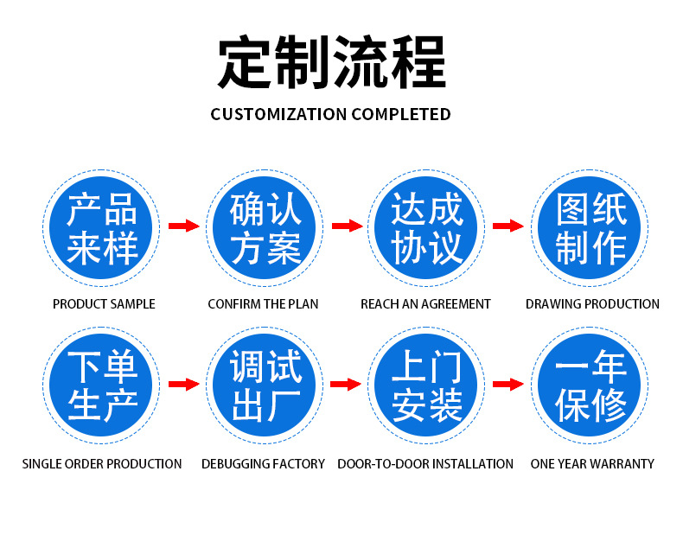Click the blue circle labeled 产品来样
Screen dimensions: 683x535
click(100, 227)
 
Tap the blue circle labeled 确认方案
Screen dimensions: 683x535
click(264, 227)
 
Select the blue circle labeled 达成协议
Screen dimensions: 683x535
click(426, 227)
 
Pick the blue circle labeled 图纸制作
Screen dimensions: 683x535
click(590, 227)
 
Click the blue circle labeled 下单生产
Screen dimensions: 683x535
click(100, 385)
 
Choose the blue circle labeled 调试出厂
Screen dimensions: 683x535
click(264, 385)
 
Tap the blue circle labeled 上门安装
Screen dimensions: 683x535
click(426, 385)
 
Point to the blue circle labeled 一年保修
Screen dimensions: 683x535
click(590, 385)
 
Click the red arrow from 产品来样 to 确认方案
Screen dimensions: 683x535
click(184, 226)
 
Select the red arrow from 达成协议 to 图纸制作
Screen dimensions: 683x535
click(508, 226)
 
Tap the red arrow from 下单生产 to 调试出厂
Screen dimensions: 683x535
click(184, 384)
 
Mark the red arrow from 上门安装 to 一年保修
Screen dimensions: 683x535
click(508, 384)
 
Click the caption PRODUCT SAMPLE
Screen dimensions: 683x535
click(104, 304)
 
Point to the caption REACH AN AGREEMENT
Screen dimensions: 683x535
click(425, 304)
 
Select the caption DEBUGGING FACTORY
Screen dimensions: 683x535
click(263, 463)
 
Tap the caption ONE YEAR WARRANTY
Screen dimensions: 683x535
click(592, 463)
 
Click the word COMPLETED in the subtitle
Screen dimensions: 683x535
click(401, 114)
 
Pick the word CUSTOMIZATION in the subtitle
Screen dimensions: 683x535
click(278, 114)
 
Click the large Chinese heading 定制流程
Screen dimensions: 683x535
click(331, 62)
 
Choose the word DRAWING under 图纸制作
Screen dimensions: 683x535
click(550, 304)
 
